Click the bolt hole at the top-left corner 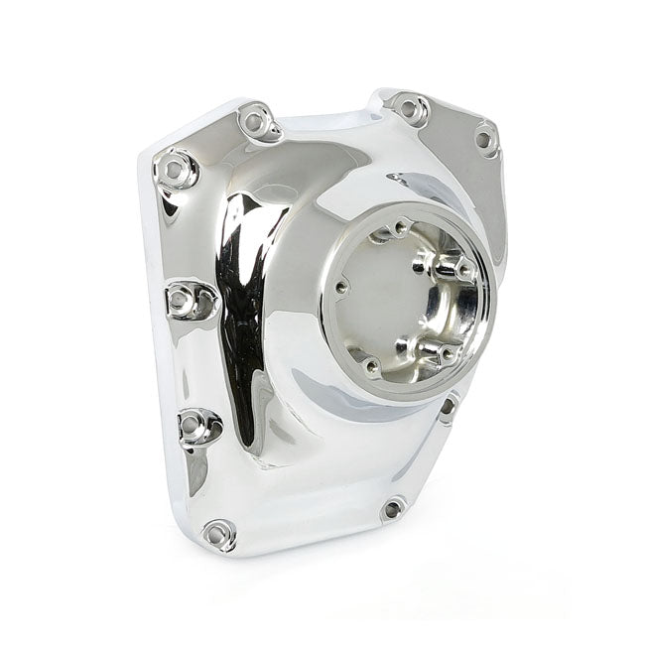[x=176, y=170]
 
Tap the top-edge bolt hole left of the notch [x=257, y=121]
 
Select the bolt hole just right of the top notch [x=408, y=106]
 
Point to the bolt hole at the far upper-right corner [x=484, y=139]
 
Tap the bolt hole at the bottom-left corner [x=218, y=533]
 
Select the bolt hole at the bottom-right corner [x=393, y=509]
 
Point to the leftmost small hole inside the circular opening [x=341, y=288]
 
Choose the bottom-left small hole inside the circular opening [x=370, y=366]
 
